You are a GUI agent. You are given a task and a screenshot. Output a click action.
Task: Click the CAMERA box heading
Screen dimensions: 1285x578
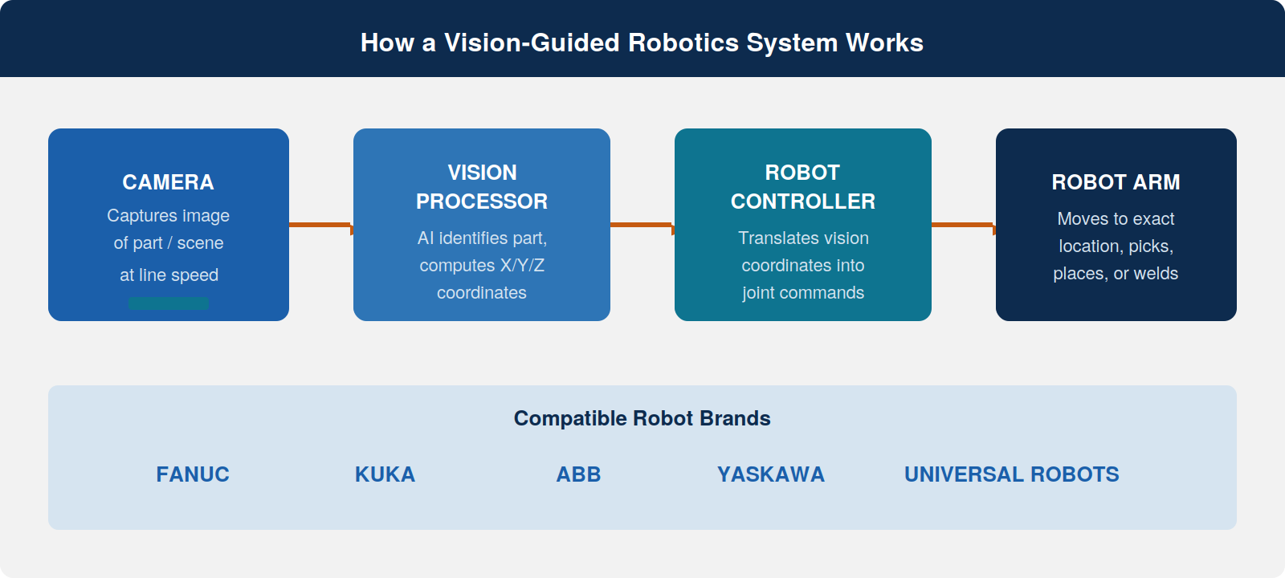point(168,182)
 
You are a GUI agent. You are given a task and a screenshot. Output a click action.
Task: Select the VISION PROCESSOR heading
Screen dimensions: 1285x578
point(482,187)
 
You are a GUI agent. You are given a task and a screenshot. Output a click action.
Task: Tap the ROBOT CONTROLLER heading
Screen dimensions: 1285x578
point(803,187)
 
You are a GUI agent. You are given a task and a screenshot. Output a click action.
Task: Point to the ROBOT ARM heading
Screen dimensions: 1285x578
point(1116,182)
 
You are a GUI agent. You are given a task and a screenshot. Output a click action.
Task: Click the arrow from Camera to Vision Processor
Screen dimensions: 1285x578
point(321,225)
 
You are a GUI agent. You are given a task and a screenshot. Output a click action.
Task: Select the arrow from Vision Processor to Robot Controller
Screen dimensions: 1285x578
point(642,225)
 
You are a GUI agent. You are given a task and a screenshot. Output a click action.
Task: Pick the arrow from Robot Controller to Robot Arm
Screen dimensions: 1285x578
point(964,225)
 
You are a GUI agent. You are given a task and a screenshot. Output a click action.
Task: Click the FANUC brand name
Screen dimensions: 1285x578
point(193,474)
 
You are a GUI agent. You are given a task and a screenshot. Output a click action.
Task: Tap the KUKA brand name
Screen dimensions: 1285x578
point(385,474)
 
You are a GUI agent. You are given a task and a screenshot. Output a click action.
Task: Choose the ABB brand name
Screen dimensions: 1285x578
point(578,474)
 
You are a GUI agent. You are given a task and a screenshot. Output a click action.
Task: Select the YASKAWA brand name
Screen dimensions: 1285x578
point(771,474)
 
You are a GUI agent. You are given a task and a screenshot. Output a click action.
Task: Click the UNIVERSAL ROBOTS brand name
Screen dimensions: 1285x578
point(1011,474)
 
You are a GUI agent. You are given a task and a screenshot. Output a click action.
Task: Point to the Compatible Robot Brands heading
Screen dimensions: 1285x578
point(642,418)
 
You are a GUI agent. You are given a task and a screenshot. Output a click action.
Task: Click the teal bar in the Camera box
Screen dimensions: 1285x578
point(169,303)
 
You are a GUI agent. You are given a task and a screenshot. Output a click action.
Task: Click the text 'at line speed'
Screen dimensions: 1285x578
point(169,275)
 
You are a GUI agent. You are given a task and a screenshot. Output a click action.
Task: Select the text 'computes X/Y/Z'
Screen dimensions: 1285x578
point(482,266)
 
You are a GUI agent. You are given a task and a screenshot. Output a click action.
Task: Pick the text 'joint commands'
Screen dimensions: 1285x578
point(803,293)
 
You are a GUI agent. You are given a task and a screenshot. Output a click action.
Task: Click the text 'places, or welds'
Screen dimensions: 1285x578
point(1116,274)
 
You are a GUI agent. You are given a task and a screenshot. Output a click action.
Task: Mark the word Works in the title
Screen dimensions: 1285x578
point(884,43)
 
